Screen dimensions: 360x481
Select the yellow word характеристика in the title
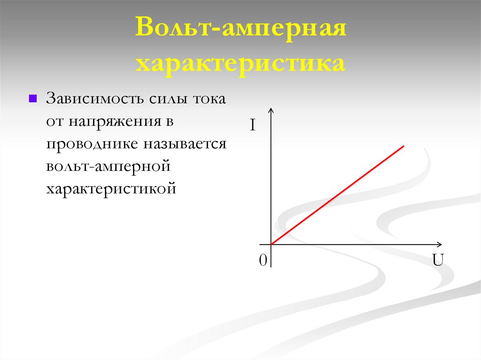coord(240,63)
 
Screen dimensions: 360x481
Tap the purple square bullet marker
coord(33,99)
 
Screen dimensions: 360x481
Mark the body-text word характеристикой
coord(111,188)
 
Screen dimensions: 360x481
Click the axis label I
coord(252,126)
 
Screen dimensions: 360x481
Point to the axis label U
coord(438,260)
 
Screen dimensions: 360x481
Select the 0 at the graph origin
coord(263,261)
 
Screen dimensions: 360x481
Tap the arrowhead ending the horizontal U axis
coord(439,244)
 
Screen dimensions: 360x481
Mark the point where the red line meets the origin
coord(272,244)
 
